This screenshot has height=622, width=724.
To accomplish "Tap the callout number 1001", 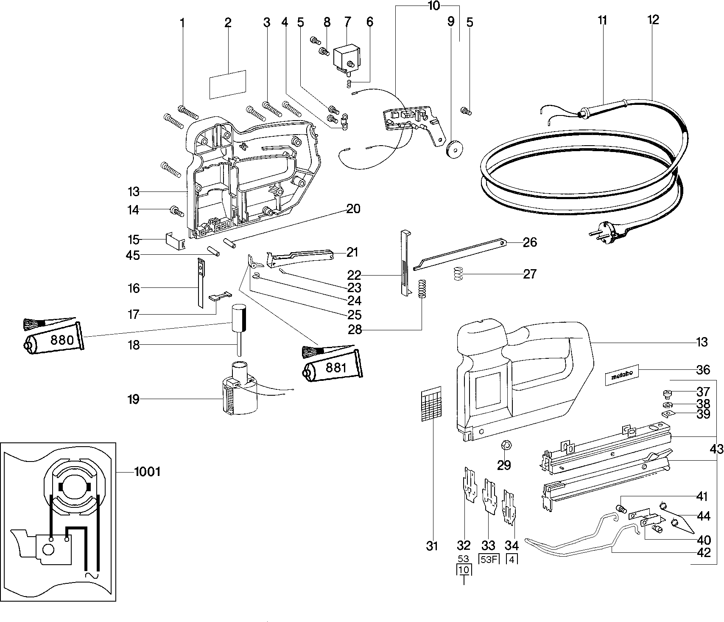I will coord(147,471).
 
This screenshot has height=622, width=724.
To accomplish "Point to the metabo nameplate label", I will coord(621,375).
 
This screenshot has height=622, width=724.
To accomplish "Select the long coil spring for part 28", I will coord(422,289).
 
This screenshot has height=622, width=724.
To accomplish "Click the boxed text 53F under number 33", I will coord(488,559).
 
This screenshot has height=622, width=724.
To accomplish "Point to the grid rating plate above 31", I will coord(431,403).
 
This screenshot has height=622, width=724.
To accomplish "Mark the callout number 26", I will coord(530,242).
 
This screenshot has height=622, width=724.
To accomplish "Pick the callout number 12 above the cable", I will coord(653,20).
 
